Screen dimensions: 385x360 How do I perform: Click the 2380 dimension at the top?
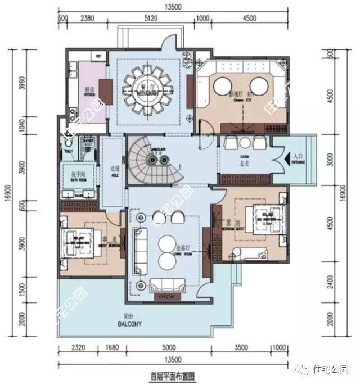[x=87, y=17]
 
